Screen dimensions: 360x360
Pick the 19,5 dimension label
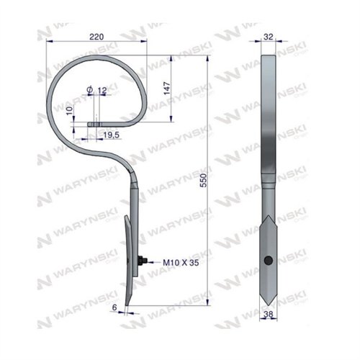111,135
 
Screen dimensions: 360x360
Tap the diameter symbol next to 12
89,89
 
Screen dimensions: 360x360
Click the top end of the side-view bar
268,58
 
